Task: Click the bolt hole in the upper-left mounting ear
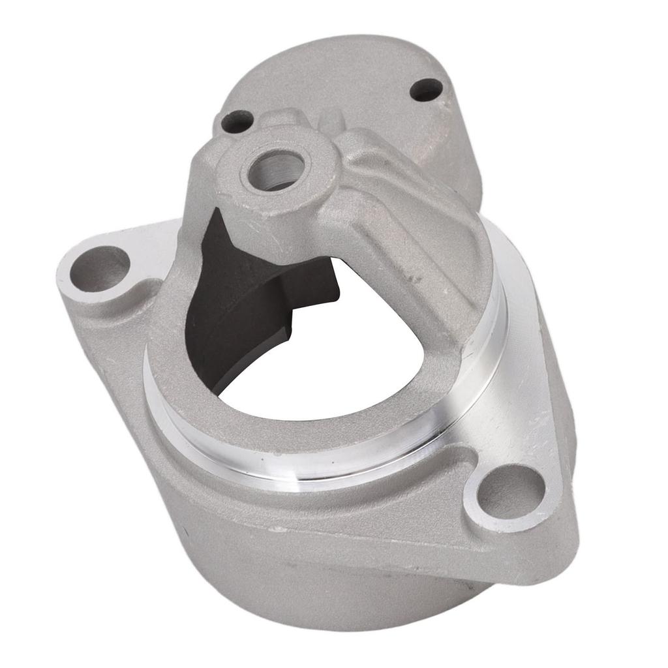100,268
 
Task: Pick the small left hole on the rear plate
237,121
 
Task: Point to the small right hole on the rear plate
427,89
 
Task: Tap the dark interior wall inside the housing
235,313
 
